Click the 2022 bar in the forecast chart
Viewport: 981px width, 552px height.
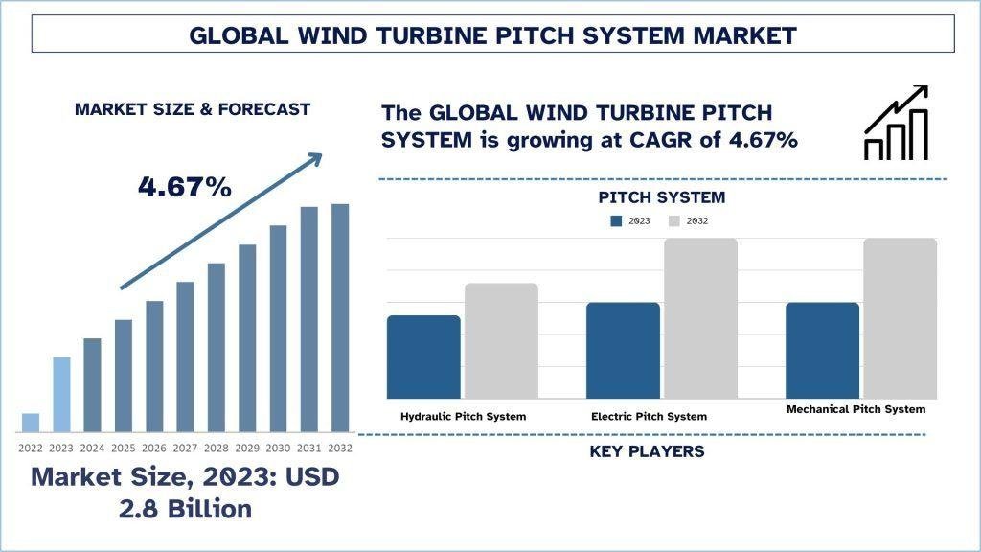[31, 423]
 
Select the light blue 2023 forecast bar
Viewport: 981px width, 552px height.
[61, 394]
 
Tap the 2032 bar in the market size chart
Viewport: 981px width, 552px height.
[340, 317]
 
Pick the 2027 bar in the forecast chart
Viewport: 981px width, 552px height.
[185, 356]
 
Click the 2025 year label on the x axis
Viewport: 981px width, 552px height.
[123, 448]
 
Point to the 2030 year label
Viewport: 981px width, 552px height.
[278, 448]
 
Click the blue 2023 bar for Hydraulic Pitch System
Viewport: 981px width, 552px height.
[423, 356]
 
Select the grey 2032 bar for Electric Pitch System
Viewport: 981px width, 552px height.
[700, 318]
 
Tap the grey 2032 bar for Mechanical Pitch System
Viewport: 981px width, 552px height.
[900, 318]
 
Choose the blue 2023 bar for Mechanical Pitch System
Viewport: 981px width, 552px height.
[822, 350]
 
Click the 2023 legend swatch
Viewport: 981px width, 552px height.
[617, 221]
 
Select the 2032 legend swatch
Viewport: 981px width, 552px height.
[673, 221]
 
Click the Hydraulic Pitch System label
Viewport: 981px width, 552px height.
[463, 417]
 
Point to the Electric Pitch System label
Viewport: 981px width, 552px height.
[649, 417]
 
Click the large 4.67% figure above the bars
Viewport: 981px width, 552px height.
[185, 187]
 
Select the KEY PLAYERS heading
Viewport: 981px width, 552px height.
[647, 451]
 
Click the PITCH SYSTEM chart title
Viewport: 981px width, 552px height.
[662, 197]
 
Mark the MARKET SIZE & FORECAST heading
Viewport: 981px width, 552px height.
[193, 109]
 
